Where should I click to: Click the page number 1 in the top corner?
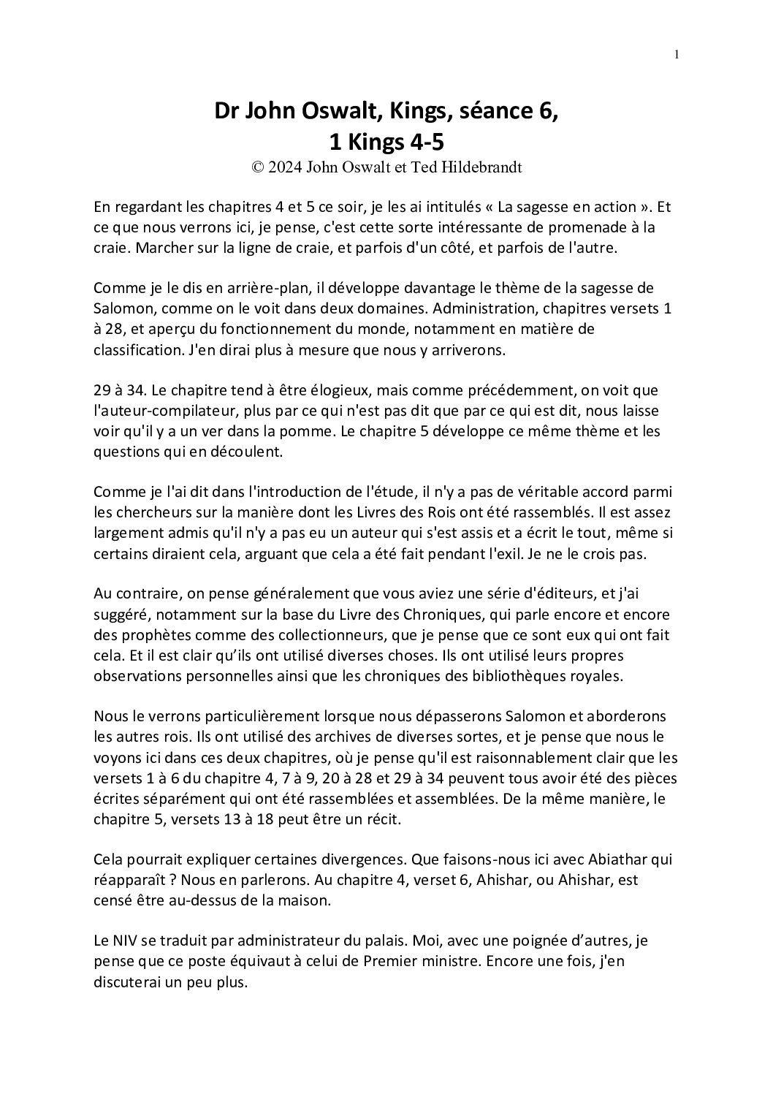point(677,54)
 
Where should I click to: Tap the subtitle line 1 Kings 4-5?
point(386,140)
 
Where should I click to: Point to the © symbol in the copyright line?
point(256,167)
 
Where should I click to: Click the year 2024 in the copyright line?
point(286,167)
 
